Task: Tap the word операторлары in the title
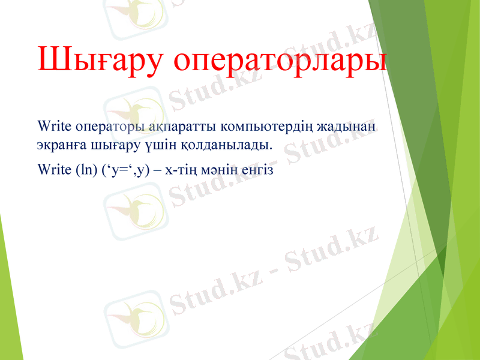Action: coord(280,59)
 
